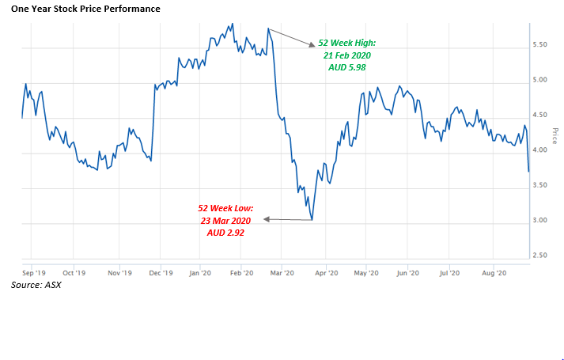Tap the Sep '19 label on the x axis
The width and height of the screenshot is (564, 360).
click(x=33, y=272)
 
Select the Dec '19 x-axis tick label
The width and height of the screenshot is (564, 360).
click(x=161, y=272)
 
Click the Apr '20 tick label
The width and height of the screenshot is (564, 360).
click(x=326, y=272)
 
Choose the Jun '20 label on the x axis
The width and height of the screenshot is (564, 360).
click(x=408, y=272)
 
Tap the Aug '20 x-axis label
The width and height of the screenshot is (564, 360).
click(x=494, y=272)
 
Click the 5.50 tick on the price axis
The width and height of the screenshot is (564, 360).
click(x=542, y=44)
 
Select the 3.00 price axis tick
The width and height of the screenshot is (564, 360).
click(x=542, y=220)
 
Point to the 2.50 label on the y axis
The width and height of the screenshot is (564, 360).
click(x=542, y=255)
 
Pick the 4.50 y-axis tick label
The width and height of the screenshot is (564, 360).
click(x=542, y=115)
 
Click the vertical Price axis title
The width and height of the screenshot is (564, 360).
click(x=555, y=136)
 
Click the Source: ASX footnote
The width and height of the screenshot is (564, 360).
click(x=36, y=285)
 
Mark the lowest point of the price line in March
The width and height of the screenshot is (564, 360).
click(x=312, y=220)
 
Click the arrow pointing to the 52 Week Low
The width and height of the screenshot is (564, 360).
click(x=286, y=218)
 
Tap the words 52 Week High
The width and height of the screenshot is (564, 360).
click(x=345, y=44)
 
